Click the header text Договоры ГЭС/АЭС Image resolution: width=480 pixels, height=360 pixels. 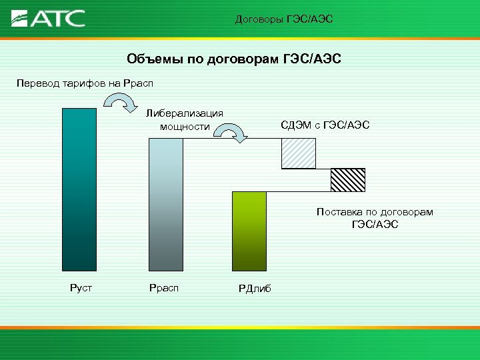(283, 19)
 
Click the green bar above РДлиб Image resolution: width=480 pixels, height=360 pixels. (249, 231)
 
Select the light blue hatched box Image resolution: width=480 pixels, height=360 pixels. (298, 154)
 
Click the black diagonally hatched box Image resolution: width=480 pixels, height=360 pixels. (348, 180)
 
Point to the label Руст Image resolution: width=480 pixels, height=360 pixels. (80, 288)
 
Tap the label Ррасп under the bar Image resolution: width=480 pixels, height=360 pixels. (163, 288)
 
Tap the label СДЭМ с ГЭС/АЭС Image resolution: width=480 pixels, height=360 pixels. (325, 125)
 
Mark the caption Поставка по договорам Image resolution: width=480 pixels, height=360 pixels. (375, 212)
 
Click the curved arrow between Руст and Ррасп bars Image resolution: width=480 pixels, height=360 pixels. (120, 103)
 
